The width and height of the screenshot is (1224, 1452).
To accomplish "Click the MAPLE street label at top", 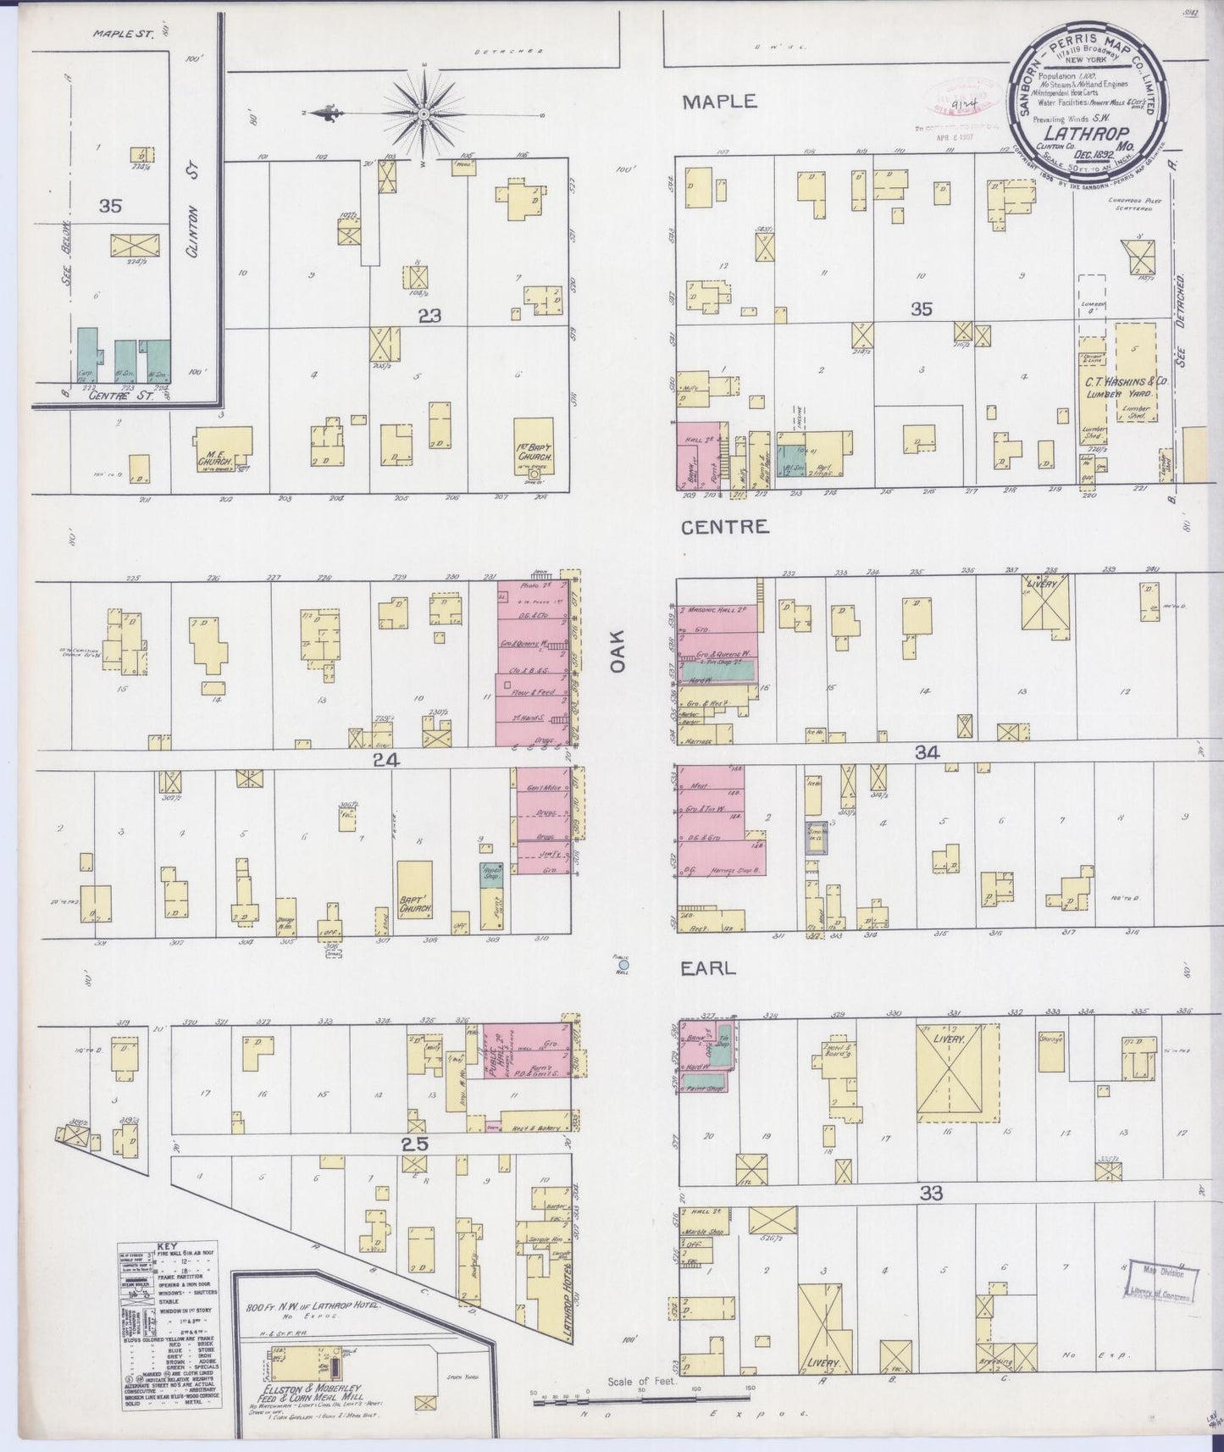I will [719, 101].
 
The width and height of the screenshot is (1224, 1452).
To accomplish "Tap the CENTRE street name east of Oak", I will [725, 527].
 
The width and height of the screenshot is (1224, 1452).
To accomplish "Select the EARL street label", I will [708, 968].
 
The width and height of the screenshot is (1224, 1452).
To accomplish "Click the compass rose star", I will [423, 112].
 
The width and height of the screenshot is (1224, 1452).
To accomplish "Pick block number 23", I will [429, 316].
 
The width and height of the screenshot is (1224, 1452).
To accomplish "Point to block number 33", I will [930, 1193].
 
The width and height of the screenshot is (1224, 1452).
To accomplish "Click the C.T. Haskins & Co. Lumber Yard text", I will [1127, 387].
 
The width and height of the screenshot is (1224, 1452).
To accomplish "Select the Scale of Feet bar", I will [641, 1393].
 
